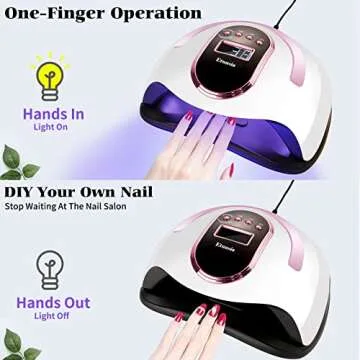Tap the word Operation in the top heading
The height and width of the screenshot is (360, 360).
(174, 14)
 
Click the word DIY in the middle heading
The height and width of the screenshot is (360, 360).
(23, 190)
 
